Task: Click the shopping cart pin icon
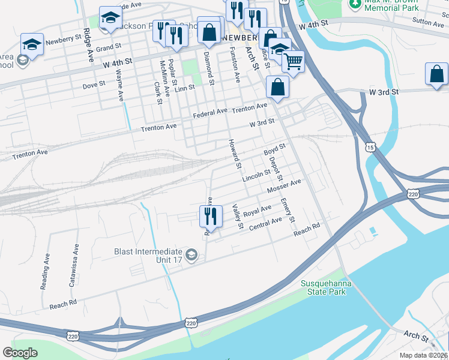coord(293,62)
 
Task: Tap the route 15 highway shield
coord(371,146)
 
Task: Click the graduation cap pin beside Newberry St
coord(32,44)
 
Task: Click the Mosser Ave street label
coord(283,187)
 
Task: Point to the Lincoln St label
coord(256,176)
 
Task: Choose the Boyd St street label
coord(274,149)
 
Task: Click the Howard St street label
coord(234,154)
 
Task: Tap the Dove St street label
coord(94,86)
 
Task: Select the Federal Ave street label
coord(210,112)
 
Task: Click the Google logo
coord(20,353)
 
